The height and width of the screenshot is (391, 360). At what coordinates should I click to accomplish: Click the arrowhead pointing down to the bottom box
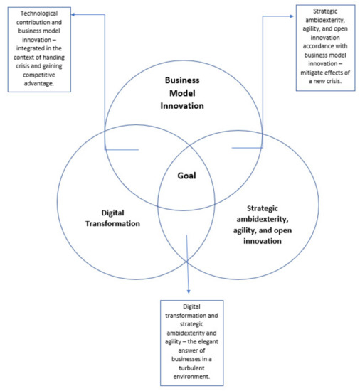pos(189,291)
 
